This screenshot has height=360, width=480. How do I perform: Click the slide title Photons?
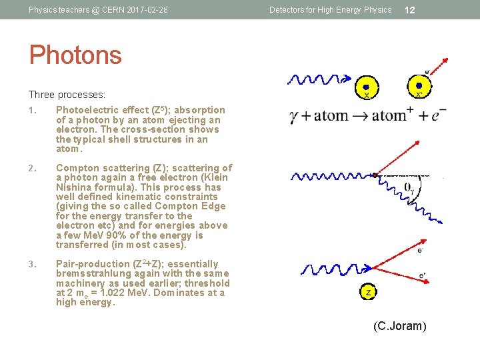pyautogui.click(x=75, y=55)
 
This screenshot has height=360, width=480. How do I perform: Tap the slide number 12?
pyautogui.click(x=410, y=10)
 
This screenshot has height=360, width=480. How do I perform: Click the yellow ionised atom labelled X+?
pyautogui.click(x=419, y=87)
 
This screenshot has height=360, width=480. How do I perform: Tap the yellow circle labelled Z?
pyautogui.click(x=368, y=292)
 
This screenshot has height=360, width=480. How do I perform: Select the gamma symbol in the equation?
pyautogui.click(x=294, y=117)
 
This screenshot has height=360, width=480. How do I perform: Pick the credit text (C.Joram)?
pyautogui.click(x=400, y=326)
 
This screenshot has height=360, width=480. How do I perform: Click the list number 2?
pyautogui.click(x=32, y=168)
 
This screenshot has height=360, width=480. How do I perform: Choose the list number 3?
pyautogui.click(x=32, y=264)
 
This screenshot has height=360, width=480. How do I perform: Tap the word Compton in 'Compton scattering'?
pyautogui.click(x=77, y=168)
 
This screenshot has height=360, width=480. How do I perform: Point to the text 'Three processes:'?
pyautogui.click(x=67, y=95)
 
